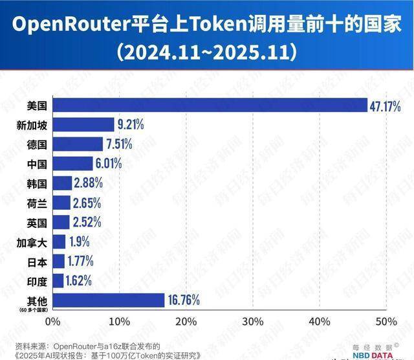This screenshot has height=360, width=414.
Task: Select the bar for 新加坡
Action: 82,124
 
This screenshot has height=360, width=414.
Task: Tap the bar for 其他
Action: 108,300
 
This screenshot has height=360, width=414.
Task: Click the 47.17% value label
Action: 386,105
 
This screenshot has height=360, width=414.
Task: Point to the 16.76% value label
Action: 184,300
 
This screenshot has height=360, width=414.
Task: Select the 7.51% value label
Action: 118,144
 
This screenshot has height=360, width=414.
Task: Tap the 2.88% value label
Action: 87,183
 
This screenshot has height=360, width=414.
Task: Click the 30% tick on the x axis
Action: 252,322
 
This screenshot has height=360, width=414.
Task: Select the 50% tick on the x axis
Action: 386,322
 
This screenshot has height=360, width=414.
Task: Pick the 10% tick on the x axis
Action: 119,322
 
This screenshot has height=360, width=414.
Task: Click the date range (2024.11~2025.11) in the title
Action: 207,51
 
